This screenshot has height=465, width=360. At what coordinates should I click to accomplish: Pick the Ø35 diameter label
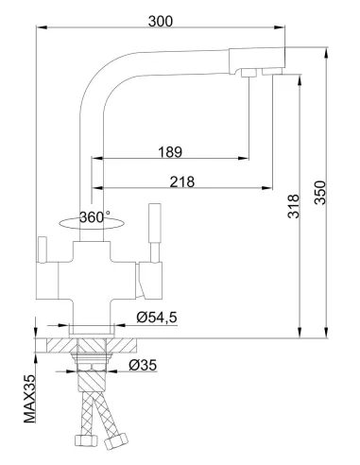click(x=142, y=366)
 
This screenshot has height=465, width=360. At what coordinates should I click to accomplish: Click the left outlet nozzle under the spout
click(x=248, y=73)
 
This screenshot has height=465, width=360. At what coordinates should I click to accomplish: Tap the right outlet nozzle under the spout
click(x=273, y=73)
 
